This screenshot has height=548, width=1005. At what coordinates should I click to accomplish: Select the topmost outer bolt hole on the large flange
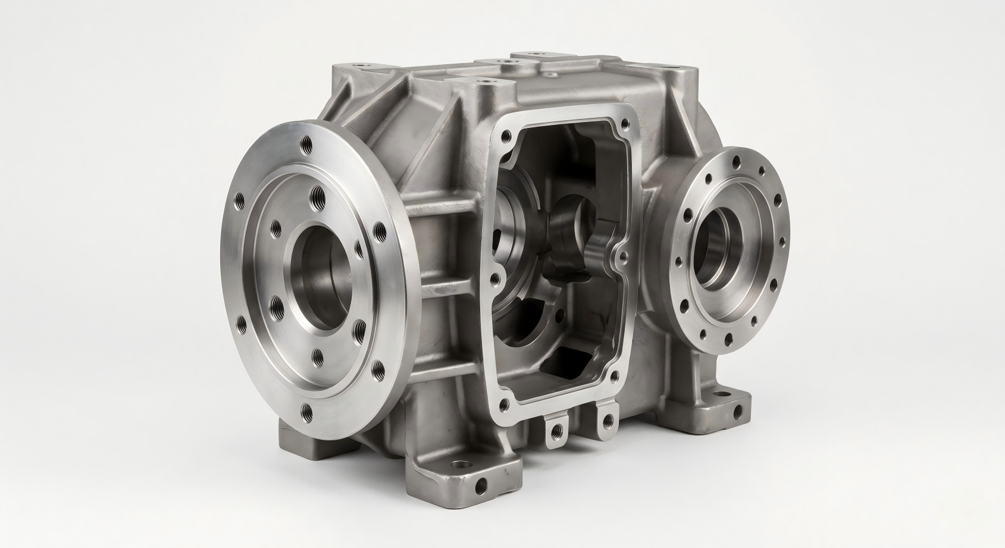pos(307,144)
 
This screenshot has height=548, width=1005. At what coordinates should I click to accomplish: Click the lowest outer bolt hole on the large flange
pos(307,411)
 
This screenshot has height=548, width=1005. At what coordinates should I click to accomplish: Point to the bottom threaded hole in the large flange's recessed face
pos(317,356)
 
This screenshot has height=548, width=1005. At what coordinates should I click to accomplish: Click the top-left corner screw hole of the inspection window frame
pos(506,136)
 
